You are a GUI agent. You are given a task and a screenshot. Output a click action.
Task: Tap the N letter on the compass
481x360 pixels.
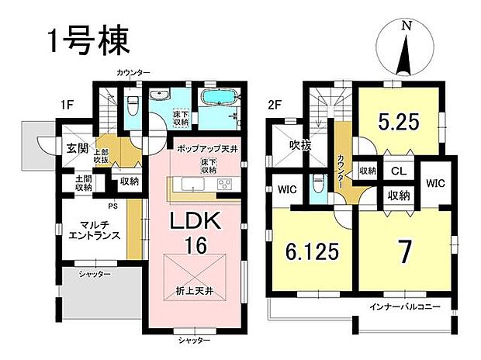(x=406, y=26)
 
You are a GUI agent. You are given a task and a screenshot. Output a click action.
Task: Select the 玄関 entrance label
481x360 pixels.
(x=75, y=148)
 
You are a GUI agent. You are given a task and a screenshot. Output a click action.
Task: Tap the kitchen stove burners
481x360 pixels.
(x=224, y=185)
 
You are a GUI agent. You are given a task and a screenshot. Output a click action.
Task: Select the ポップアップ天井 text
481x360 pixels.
(x=205, y=147)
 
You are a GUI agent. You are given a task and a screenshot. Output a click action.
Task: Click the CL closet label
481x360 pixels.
(x=396, y=171)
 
